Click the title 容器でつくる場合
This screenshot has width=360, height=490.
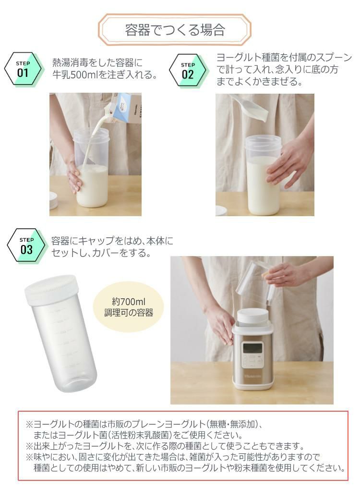click(x=175, y=30)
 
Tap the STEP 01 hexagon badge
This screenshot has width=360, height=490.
click(x=23, y=69)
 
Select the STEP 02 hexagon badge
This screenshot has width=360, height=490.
click(x=188, y=70)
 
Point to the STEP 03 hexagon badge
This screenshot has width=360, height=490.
click(x=26, y=245)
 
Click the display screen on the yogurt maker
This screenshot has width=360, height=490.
click(x=252, y=347)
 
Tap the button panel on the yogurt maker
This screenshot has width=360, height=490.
click(x=253, y=360)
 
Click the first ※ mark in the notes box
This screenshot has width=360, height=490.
click(x=29, y=424)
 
